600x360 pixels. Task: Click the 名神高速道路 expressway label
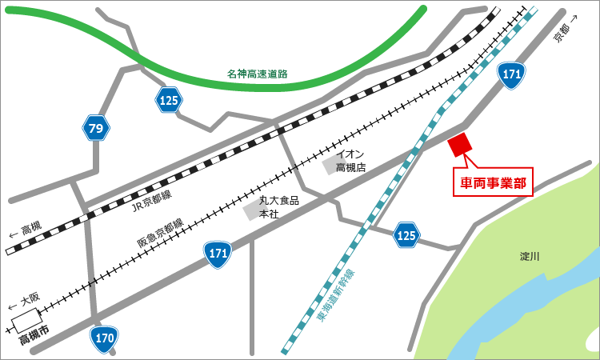[x=256, y=74]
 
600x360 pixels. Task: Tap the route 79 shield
[x=96, y=127]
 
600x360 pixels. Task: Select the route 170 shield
[x=105, y=338]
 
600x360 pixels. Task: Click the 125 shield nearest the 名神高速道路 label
[x=169, y=99]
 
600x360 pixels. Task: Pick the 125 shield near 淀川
[x=407, y=234]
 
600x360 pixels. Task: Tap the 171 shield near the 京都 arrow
[x=512, y=74]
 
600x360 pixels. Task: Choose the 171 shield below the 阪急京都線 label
[x=218, y=254]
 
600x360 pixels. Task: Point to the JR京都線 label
[x=152, y=196]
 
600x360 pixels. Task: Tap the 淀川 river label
[x=530, y=256]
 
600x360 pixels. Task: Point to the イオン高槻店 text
[x=350, y=160]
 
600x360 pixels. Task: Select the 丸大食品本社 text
[x=278, y=207]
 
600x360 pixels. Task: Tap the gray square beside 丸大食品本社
[x=252, y=210]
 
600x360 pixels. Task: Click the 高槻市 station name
[x=34, y=330]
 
